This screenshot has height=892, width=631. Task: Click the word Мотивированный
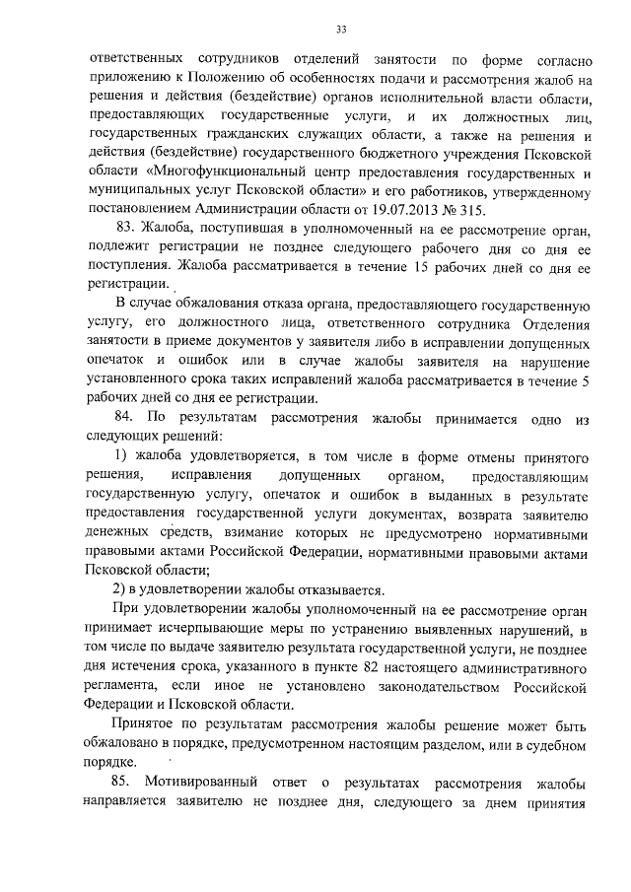point(200,783)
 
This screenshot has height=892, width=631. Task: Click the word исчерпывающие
point(207,629)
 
